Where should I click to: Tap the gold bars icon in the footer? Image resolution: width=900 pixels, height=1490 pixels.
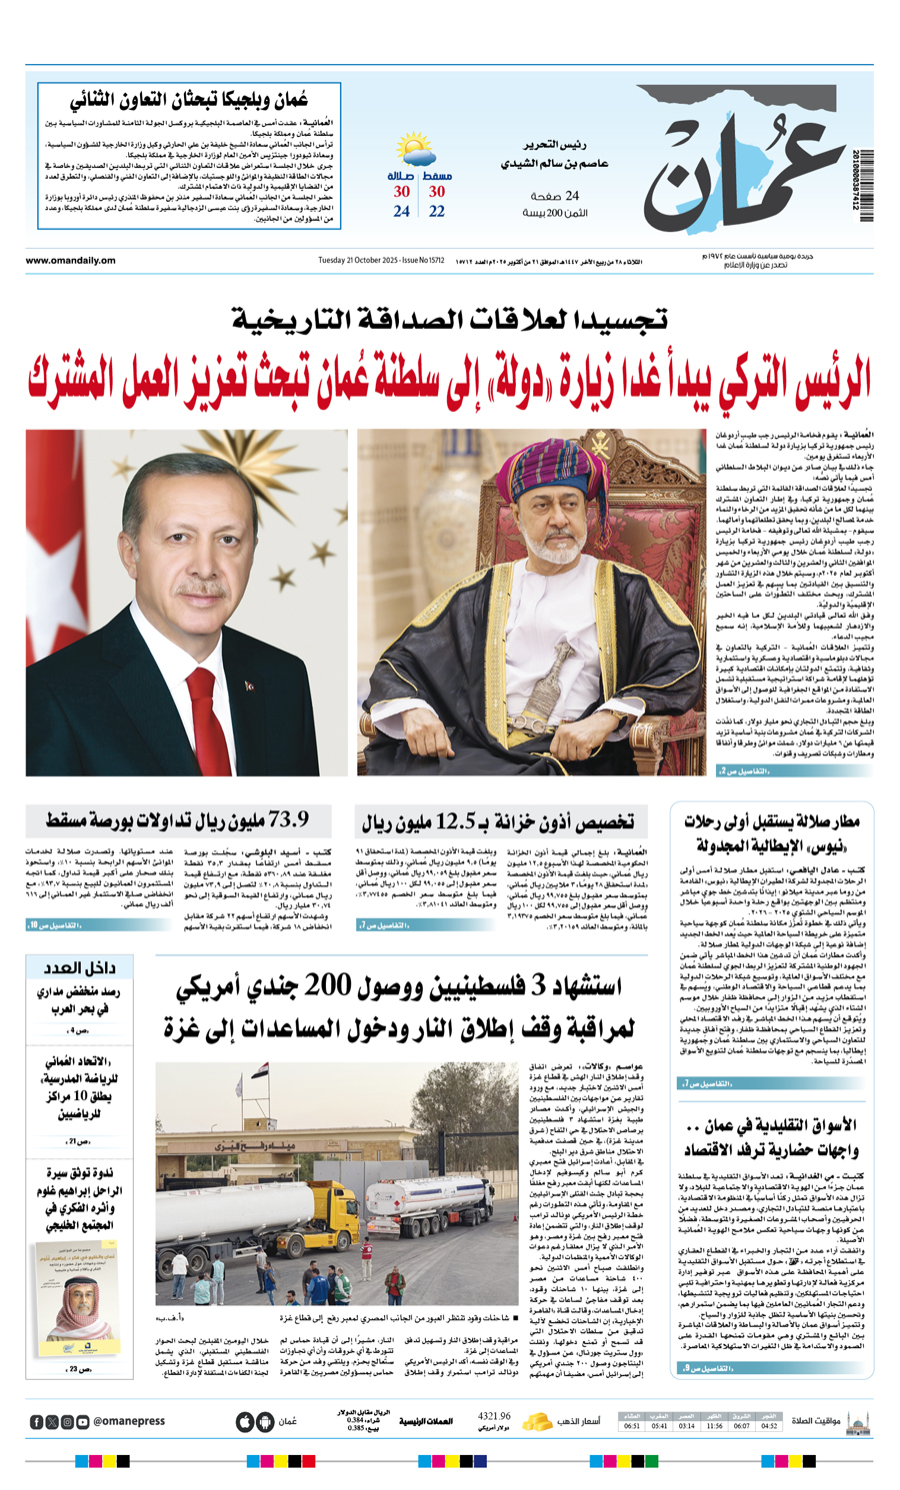[538, 1420]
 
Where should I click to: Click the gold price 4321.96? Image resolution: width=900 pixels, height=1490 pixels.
[495, 1416]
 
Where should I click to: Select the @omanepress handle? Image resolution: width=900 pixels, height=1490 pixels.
[129, 1421]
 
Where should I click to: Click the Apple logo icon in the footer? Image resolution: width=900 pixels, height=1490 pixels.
[245, 1421]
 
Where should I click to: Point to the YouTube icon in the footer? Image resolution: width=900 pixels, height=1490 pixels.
[82, 1421]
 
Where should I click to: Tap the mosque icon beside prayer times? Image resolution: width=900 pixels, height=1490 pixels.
[857, 1420]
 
